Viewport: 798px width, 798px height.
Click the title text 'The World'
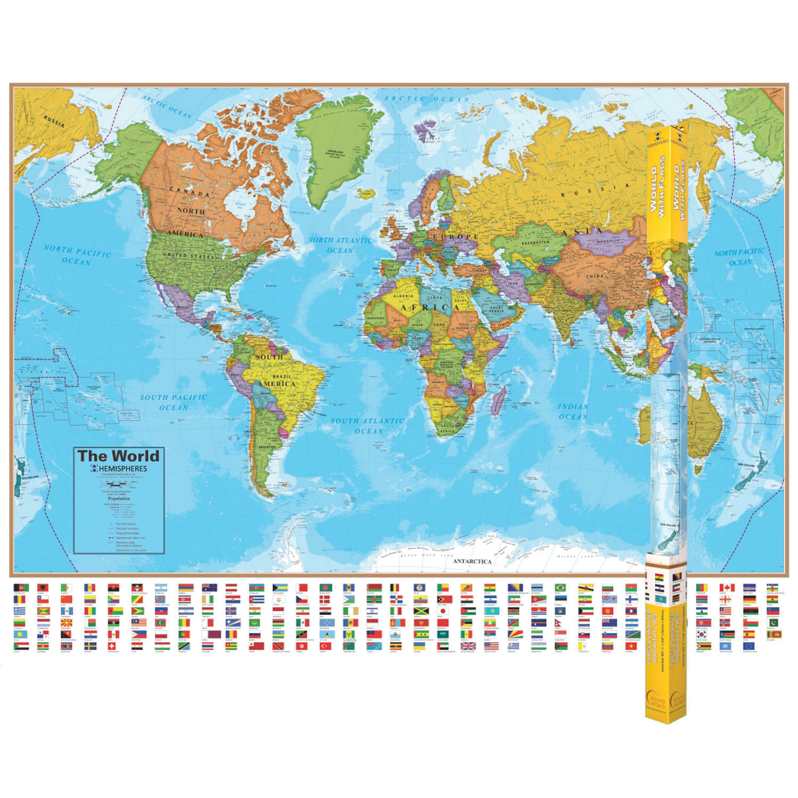[x=118, y=456]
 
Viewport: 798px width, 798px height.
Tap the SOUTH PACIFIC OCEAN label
[x=173, y=402]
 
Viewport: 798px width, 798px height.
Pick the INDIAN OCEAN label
[x=573, y=411]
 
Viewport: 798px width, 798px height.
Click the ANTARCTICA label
[x=472, y=561]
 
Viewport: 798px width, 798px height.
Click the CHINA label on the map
[x=594, y=277]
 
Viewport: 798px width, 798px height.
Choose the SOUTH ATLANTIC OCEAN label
[x=368, y=426]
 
